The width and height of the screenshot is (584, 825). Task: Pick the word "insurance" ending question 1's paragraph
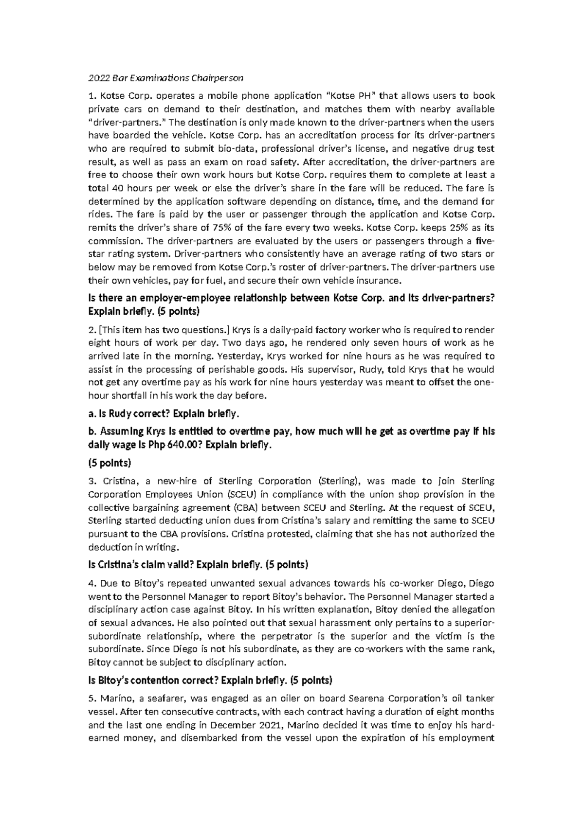pos(380,281)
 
